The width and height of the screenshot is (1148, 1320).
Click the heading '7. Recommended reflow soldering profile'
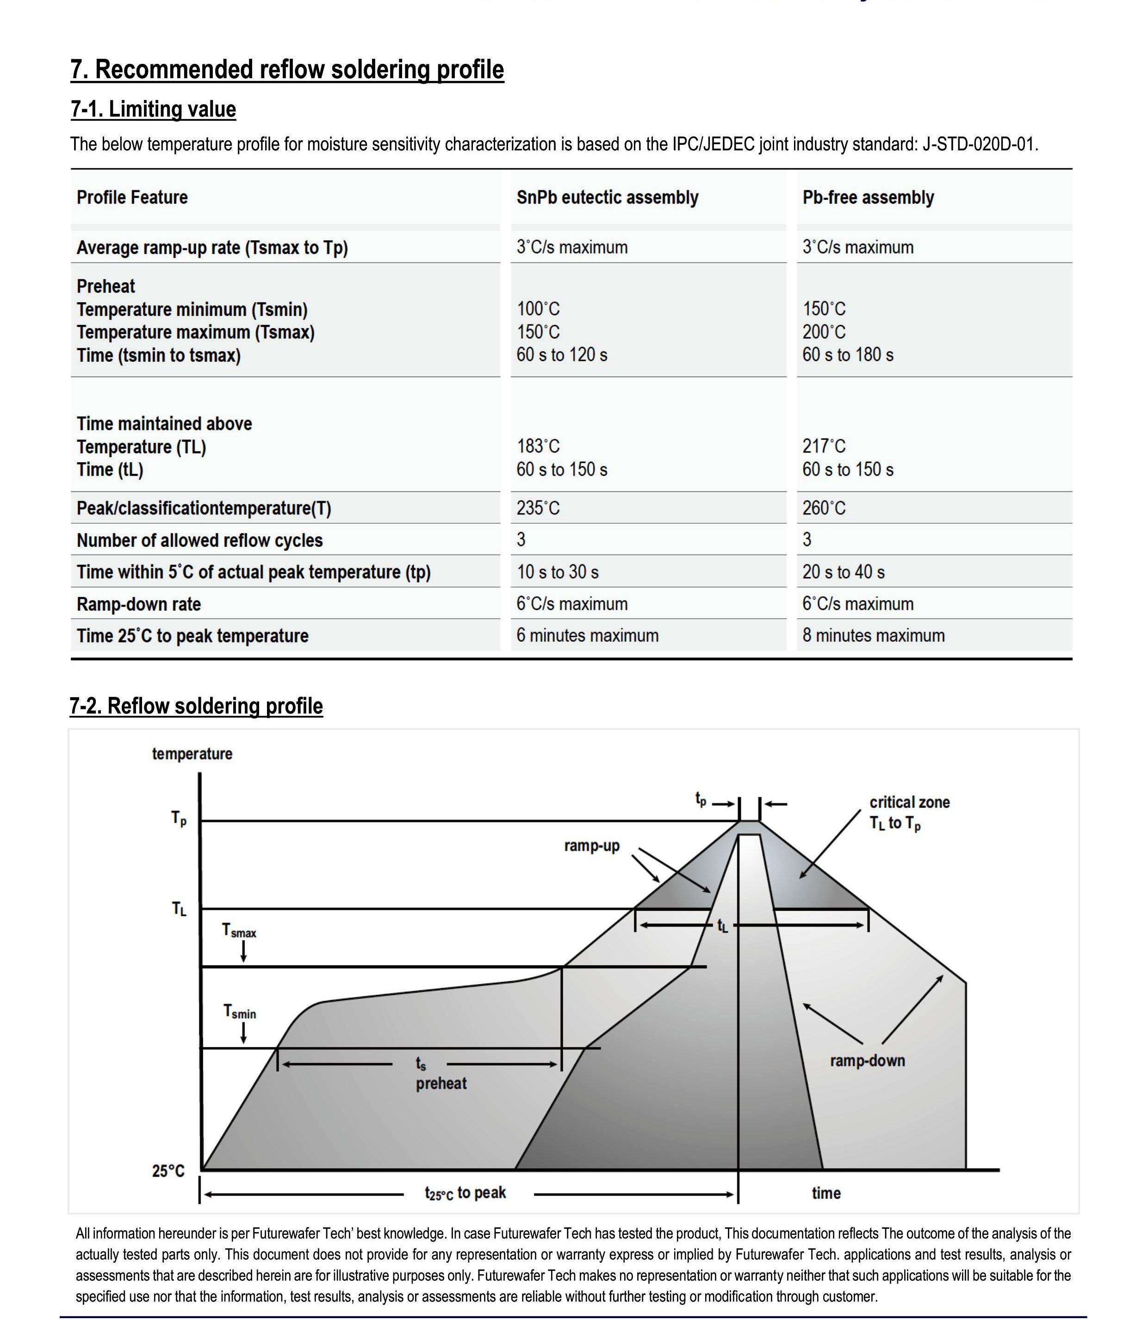tap(287, 70)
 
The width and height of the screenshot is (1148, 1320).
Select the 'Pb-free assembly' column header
tap(868, 197)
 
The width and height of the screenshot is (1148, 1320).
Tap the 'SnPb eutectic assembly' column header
tap(607, 197)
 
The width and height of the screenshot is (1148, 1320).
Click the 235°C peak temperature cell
tap(538, 508)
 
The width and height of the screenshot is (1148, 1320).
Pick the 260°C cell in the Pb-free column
tap(824, 508)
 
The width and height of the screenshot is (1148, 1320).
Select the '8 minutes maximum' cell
tap(873, 635)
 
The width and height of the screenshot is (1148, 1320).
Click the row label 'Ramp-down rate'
tap(138, 604)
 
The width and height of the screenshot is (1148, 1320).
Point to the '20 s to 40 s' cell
tap(843, 572)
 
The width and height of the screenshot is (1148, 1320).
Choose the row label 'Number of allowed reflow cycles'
tap(199, 540)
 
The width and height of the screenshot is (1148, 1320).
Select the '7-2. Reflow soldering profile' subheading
tap(196, 706)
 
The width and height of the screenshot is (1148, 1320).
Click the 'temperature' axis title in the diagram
tap(192, 753)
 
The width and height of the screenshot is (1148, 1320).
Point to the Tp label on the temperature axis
tap(179, 818)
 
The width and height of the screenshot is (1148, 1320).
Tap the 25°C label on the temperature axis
tap(168, 1171)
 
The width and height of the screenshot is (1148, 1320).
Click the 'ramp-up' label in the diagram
tap(592, 845)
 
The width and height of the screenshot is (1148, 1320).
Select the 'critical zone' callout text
tap(909, 802)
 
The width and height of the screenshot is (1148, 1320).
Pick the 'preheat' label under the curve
tap(441, 1083)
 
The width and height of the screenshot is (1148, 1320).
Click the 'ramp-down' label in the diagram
tap(868, 1060)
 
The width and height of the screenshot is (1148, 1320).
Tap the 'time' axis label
tap(826, 1193)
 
